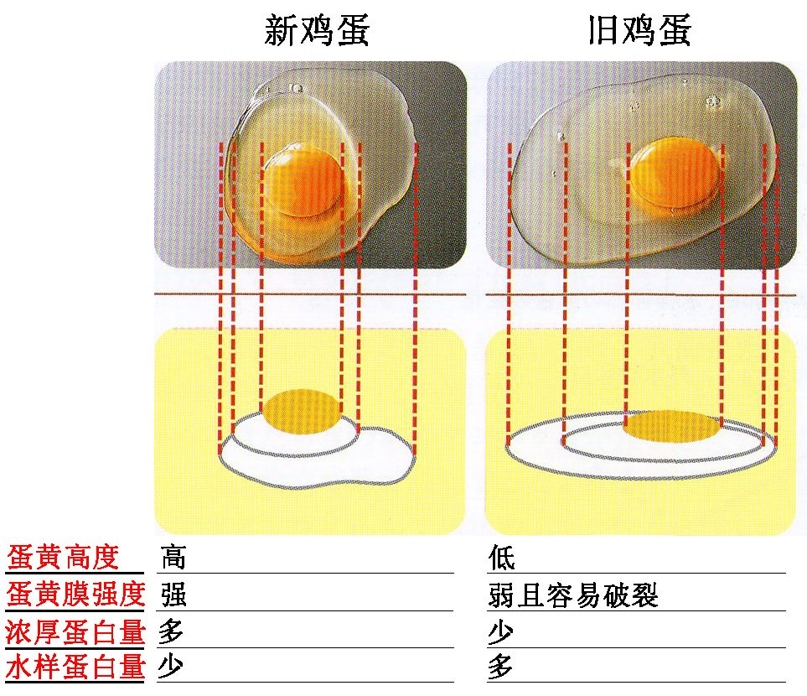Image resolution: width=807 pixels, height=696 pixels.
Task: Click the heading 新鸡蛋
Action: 317,32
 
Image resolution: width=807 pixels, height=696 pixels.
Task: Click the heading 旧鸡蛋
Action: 639,32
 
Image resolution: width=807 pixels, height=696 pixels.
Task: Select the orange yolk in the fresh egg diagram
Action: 303,410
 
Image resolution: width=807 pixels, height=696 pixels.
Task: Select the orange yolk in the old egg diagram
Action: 673,427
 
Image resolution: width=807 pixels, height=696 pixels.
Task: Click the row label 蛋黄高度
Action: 64,557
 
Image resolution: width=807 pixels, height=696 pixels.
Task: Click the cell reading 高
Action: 173,557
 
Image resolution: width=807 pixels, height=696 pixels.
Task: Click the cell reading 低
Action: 501,557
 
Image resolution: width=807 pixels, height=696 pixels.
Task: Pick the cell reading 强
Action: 173,595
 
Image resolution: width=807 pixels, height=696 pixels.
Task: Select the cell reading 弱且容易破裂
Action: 573,595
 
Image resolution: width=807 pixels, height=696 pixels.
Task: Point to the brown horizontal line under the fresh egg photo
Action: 309,293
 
